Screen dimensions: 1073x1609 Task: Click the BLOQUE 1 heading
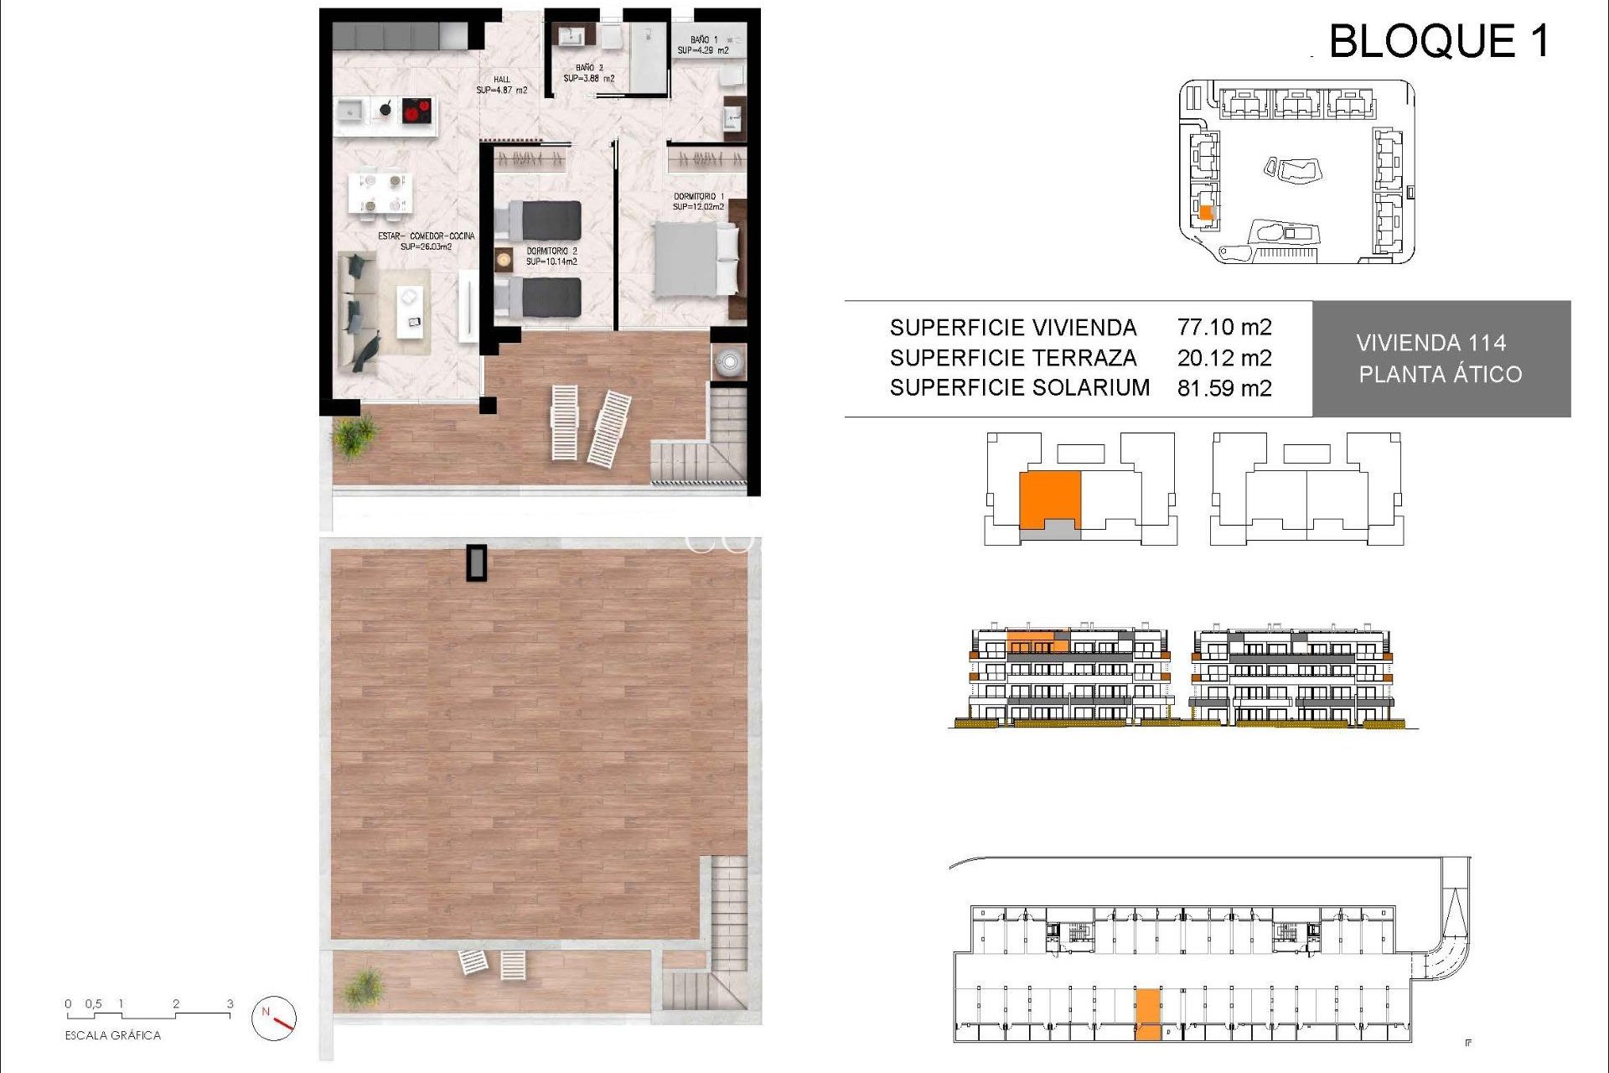[x=1439, y=41]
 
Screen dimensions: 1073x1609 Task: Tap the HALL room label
[x=501, y=85]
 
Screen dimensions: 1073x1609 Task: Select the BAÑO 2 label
[x=588, y=73]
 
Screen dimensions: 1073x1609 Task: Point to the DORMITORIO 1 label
[x=698, y=201]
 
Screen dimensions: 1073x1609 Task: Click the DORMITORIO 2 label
[x=551, y=256]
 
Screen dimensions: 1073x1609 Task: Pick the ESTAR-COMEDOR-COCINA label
[x=426, y=241]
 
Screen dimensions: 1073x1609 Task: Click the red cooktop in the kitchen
[x=416, y=110]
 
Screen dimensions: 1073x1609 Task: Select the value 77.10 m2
[x=1224, y=327]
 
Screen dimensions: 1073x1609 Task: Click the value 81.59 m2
[x=1224, y=388]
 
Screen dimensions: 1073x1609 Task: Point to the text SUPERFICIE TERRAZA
[x=1013, y=358]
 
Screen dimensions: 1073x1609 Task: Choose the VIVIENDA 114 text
[x=1431, y=343]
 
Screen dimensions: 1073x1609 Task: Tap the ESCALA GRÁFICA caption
[x=113, y=1035]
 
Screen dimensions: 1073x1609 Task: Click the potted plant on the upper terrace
[x=354, y=436]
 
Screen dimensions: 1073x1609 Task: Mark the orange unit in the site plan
[x=1206, y=213]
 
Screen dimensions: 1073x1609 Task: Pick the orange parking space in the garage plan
[x=1148, y=1014]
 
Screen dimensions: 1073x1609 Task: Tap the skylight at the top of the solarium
[x=477, y=562]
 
